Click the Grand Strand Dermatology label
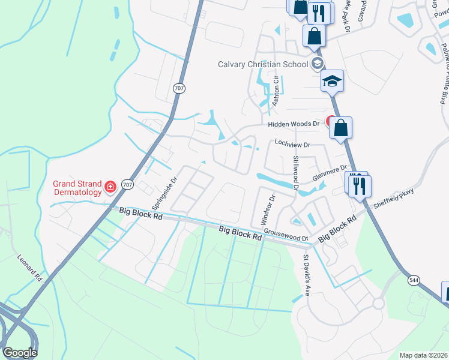tap(77, 188)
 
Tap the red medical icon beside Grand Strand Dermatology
tap(110, 188)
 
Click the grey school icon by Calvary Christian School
tap(317, 64)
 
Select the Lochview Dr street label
tap(292, 145)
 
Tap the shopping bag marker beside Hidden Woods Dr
tap(340, 128)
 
